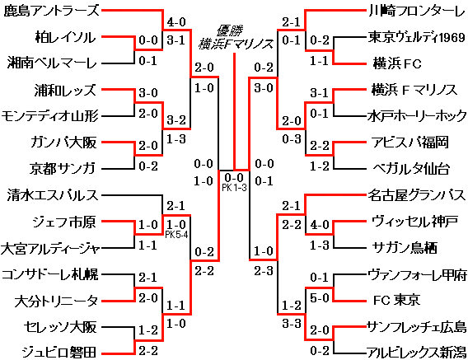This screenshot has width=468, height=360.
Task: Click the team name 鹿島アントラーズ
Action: [50, 12]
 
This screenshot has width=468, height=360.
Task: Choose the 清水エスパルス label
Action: [50, 195]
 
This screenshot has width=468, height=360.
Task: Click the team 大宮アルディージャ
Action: [50, 247]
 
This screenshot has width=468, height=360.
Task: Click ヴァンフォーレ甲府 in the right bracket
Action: [417, 274]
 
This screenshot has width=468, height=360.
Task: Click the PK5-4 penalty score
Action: [176, 234]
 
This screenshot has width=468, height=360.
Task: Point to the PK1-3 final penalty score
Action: [232, 187]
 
